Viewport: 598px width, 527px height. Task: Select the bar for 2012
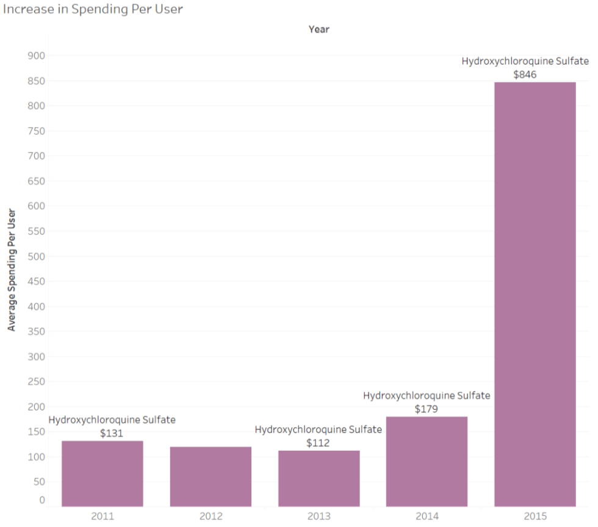[x=211, y=476]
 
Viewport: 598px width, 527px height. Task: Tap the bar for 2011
[x=103, y=473]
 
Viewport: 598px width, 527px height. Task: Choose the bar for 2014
[x=427, y=461]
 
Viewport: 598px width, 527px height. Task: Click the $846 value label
[x=525, y=74]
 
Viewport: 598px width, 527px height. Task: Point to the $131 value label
[x=112, y=434]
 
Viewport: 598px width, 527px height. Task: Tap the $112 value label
[x=318, y=443]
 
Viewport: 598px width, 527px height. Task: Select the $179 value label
[x=426, y=409]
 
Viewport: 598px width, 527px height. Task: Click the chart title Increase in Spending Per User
[x=93, y=9]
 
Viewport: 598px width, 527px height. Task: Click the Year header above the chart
[x=319, y=29]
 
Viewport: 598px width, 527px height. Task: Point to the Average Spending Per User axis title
[x=12, y=270]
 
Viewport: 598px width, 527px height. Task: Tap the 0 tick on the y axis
[x=42, y=500]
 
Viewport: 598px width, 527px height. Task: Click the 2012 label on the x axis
[x=211, y=516]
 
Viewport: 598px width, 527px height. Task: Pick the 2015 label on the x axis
[x=535, y=516]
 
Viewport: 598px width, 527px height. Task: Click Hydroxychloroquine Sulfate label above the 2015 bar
[x=525, y=61]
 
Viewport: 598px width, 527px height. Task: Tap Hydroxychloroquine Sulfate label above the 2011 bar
[x=112, y=420]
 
